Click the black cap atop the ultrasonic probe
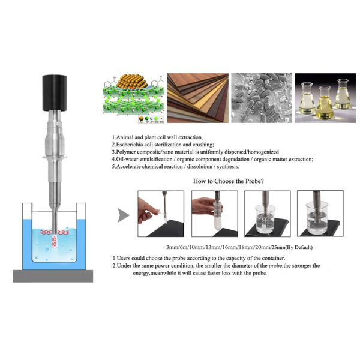coord(55,93)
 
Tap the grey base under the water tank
coord(53,276)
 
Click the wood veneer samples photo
coord(198,98)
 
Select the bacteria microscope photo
coord(262,98)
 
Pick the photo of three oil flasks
coord(325,98)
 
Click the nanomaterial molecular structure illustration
coord(134,98)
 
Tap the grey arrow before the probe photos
coord(124,215)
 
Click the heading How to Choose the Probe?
coord(229,181)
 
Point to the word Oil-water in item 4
coord(127,159)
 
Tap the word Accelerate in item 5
coord(128,166)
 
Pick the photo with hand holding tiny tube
coord(161,214)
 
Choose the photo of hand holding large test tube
coord(215,214)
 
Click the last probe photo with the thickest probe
coord(320,214)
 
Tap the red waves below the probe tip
coord(55,241)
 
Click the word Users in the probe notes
coord(124,258)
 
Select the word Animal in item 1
coord(124,137)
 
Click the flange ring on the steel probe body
coord(55,157)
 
